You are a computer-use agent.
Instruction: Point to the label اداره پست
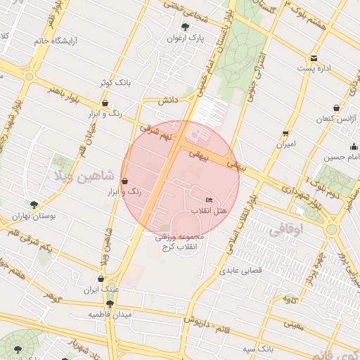313,69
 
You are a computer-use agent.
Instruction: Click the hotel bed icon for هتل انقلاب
209,200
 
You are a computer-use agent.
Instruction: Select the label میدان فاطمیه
111,314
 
